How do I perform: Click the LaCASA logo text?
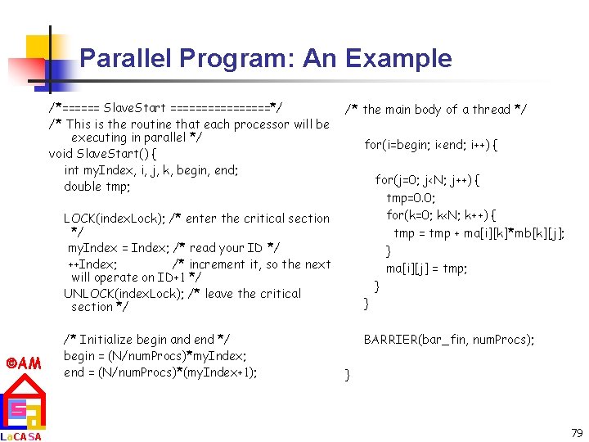pos(21,436)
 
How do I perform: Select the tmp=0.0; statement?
pos(411,198)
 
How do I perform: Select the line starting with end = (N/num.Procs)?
pos(160,372)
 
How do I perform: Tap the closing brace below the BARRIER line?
pos(348,376)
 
